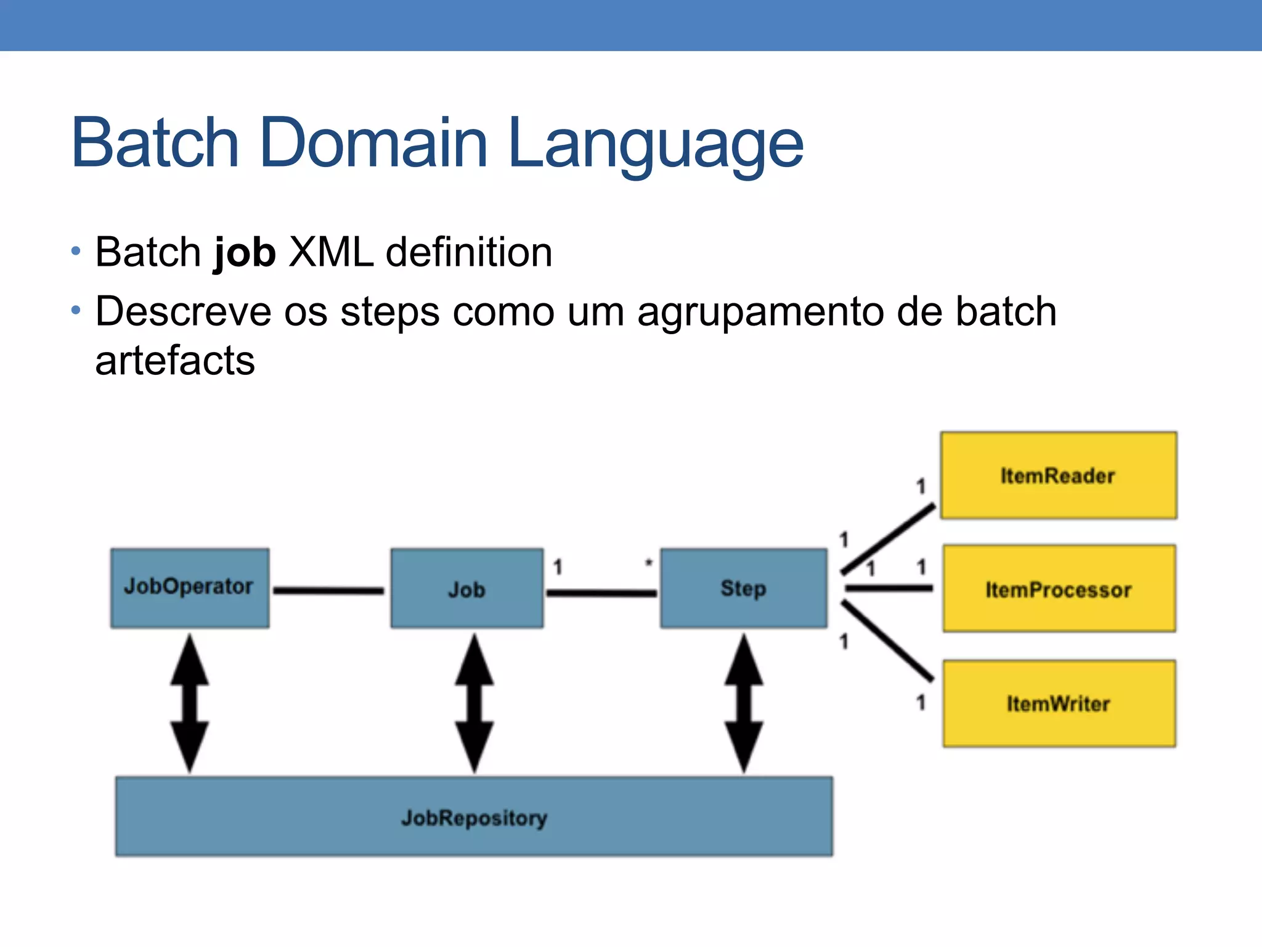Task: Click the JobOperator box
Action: [x=190, y=588]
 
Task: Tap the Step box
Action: [x=743, y=588]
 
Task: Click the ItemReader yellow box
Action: [x=1058, y=475]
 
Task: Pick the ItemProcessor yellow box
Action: [x=1058, y=589]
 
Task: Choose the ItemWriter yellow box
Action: [x=1058, y=703]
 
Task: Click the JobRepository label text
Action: [x=474, y=818]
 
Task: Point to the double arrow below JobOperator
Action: [x=190, y=703]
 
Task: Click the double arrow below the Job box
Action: [x=474, y=703]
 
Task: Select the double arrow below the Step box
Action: [x=744, y=703]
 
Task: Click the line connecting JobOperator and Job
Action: [x=328, y=591]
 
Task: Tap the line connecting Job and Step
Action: [x=601, y=593]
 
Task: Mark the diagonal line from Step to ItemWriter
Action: [x=887, y=641]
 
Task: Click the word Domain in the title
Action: [x=373, y=143]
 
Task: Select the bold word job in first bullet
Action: [x=244, y=253]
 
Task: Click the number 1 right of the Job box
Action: [x=558, y=567]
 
